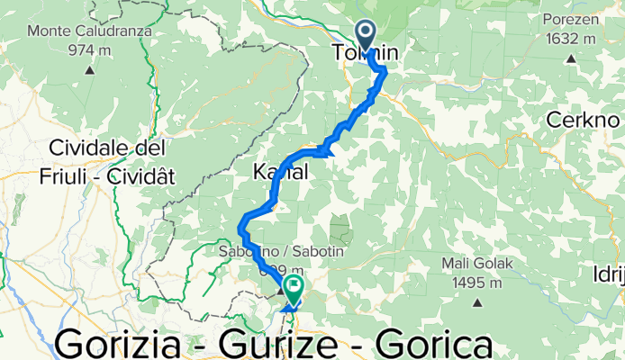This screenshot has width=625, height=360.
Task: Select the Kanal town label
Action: (281, 171)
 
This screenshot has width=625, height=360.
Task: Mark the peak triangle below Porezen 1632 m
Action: (571, 59)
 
